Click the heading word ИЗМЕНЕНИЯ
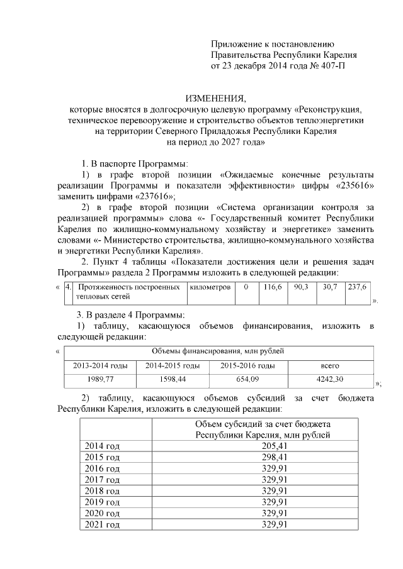[x=215, y=99]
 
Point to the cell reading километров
[x=209, y=287]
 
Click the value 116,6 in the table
[x=273, y=287]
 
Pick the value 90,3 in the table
[x=302, y=287]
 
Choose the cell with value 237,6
[x=357, y=287]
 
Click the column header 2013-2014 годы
[x=100, y=365]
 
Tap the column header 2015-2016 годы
[x=247, y=365]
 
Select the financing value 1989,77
[x=100, y=379]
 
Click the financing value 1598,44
[x=174, y=379]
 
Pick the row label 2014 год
[x=102, y=446]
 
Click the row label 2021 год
[x=102, y=524]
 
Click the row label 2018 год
[x=102, y=491]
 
